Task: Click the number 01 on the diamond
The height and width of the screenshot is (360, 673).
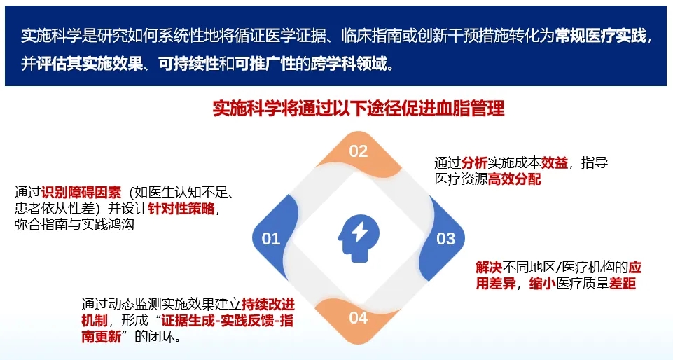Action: coord(271,239)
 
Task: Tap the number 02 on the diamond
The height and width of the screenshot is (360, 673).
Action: coord(359,151)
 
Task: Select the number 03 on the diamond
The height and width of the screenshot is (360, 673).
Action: coord(445,239)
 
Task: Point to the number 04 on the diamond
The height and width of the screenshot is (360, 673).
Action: coord(359,318)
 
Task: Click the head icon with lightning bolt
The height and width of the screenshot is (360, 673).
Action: coord(359,237)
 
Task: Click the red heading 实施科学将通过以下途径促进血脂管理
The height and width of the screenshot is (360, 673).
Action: coord(359,109)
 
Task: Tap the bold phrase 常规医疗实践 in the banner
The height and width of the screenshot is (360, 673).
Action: coord(601,36)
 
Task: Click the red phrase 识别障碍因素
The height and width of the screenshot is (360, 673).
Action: coord(81,192)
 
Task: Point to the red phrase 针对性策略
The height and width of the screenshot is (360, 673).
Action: coord(181,208)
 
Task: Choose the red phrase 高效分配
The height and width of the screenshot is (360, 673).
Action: coord(515,179)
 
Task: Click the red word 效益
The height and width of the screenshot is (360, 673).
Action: coord(555,162)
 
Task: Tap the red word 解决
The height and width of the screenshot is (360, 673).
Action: coord(489,268)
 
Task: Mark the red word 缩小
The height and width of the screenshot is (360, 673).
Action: coord(543,284)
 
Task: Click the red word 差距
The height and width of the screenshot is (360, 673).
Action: coord(623,284)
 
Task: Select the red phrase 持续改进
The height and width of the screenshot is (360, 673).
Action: coord(268,304)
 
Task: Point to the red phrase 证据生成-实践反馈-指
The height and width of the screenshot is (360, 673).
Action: coord(227,321)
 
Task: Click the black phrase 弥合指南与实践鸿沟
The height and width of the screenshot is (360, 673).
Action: coord(74,224)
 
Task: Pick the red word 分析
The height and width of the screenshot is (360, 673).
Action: coord(474,162)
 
